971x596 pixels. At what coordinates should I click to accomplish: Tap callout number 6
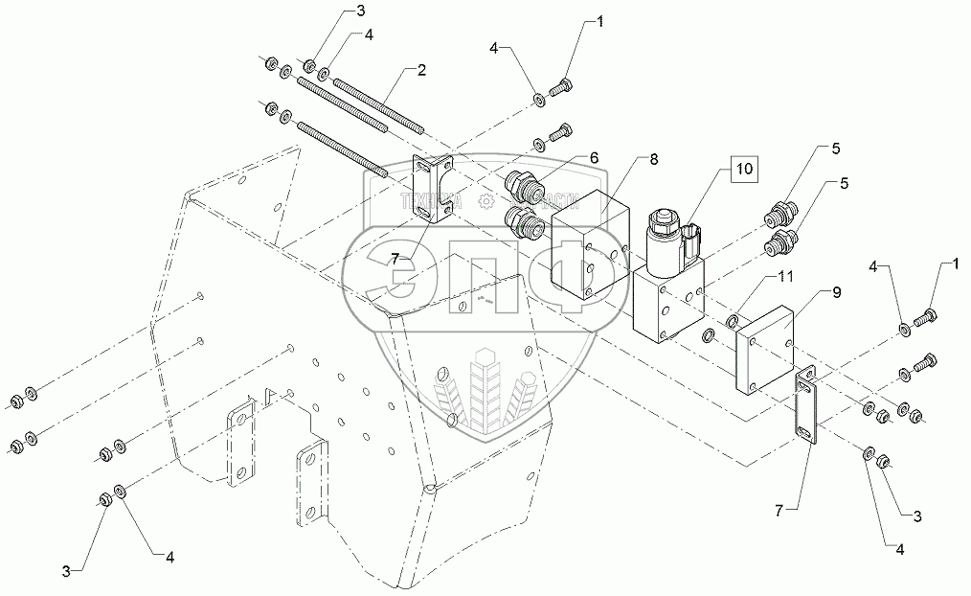pyautogui.click(x=594, y=157)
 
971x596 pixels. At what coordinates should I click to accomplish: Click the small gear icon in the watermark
pyautogui.click(x=485, y=201)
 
